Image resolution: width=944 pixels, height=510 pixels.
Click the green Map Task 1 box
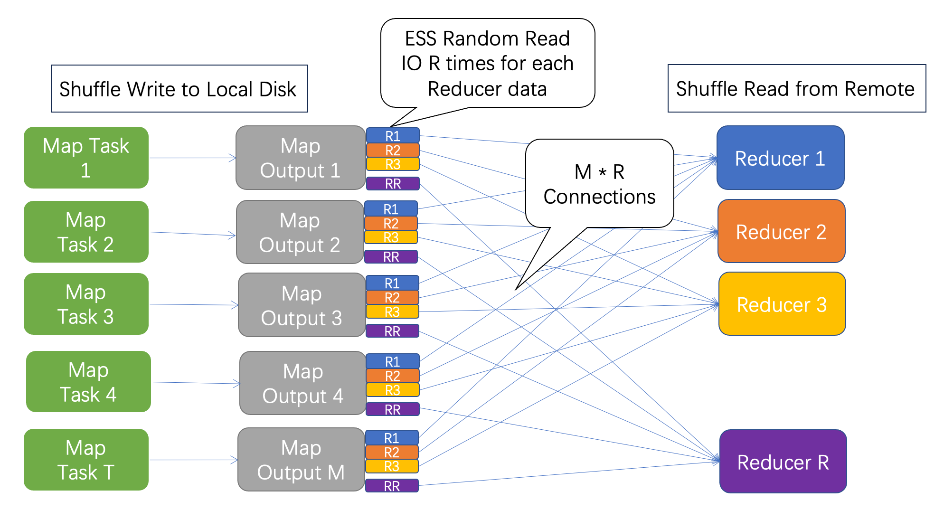coord(86,158)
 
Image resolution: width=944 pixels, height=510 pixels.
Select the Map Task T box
coord(86,460)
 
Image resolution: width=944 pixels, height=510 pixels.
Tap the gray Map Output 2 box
coord(300,232)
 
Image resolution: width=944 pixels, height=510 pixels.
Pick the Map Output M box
coord(301,460)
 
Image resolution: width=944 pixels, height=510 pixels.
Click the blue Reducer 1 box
coord(780,158)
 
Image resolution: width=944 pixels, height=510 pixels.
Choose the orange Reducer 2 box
coord(781,231)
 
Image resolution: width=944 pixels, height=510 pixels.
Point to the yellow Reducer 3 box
coord(782,304)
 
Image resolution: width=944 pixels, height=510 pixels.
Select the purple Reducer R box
coord(783,462)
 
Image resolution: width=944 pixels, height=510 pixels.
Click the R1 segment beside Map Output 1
coord(393,136)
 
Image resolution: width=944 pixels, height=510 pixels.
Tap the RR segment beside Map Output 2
coord(391,257)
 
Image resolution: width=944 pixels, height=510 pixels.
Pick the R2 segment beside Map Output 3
coord(392,298)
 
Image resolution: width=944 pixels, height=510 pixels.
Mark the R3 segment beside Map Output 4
coord(393,390)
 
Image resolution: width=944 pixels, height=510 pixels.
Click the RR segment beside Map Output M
coord(392,486)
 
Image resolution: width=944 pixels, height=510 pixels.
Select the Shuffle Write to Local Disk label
coord(179,89)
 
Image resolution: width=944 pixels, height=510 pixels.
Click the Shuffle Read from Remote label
coord(796,88)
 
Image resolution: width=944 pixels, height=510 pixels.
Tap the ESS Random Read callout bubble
coord(487,63)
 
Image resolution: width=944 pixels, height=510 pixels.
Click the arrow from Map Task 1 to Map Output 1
coord(192,158)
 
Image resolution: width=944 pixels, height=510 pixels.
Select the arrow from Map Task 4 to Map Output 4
coord(196,383)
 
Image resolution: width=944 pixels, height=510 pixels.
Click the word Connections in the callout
coord(599,197)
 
